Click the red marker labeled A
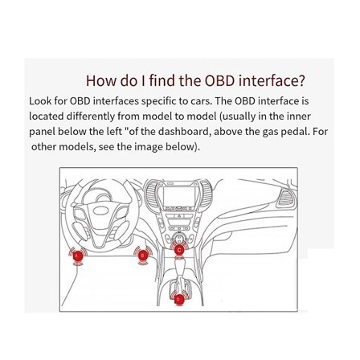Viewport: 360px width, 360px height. tap(78, 255)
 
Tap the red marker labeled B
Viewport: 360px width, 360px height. tap(144, 256)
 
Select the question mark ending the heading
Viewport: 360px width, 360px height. tap(302, 80)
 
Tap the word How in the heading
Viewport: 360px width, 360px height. tap(102, 80)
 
